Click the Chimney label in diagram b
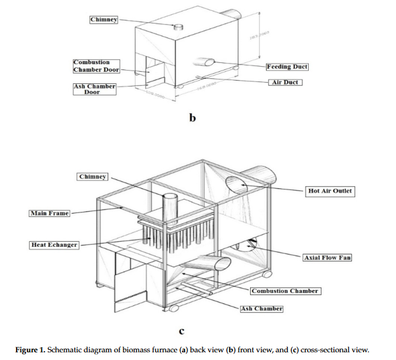104,20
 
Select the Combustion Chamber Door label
95,66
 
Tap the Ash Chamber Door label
95,88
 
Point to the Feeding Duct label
287,66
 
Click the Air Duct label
284,83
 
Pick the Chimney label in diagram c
92,176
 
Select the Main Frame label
50,213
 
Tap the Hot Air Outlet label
330,191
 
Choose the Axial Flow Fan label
327,258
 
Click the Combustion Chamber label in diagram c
284,291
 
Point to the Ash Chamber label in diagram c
261,308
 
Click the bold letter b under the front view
192,118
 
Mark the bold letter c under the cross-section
181,330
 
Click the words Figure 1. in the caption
32,349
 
